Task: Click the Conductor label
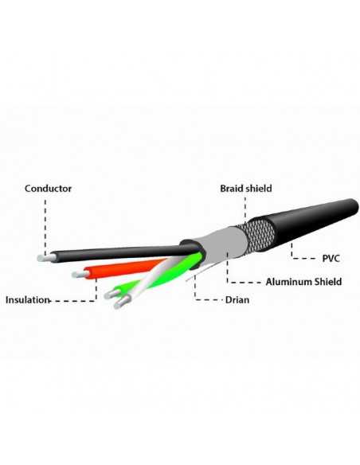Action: click(48, 189)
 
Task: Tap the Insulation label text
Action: click(27, 300)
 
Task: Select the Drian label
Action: click(237, 300)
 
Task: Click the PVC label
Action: click(331, 258)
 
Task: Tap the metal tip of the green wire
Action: click(112, 294)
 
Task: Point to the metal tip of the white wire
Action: click(122, 303)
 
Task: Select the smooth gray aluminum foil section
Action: click(223, 246)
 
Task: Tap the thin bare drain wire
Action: click(200, 273)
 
